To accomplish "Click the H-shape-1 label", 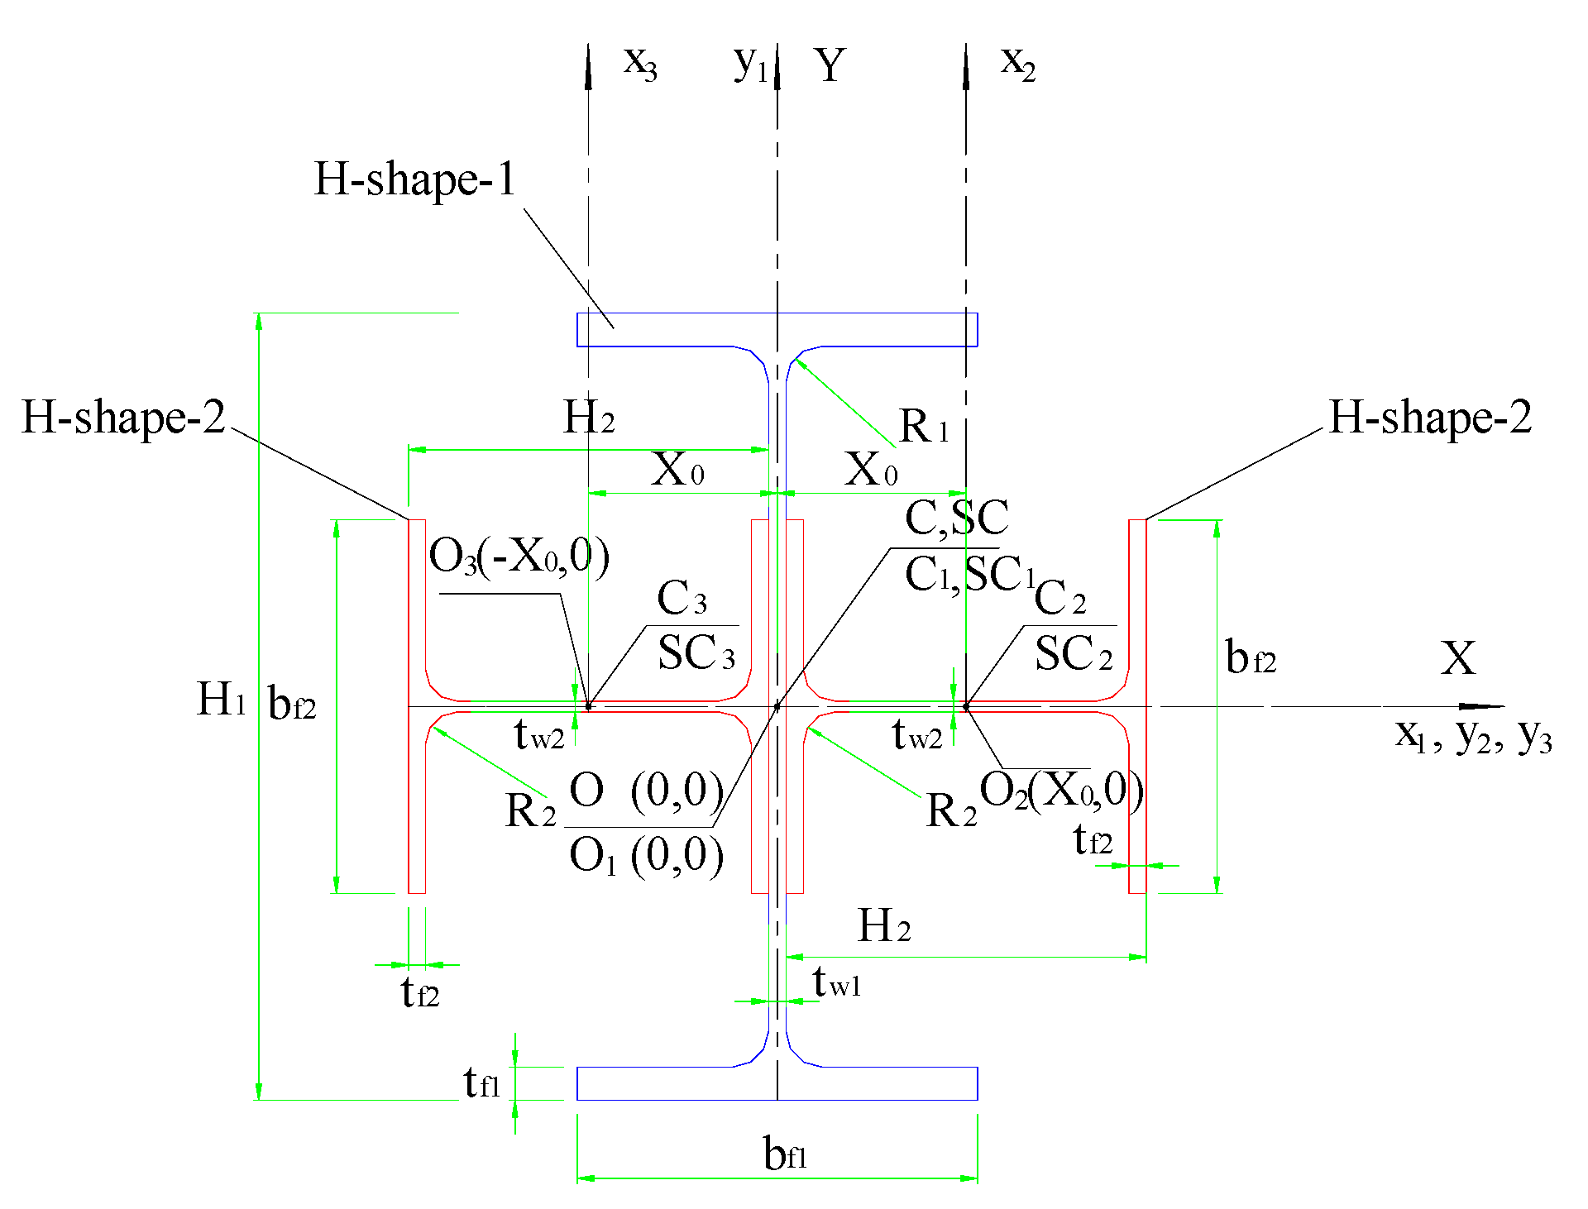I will point(414,179).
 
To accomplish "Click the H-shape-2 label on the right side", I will point(1430,417).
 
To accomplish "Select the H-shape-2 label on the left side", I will point(123,417).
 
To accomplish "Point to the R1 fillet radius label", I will point(923,427).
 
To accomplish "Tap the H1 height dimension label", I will point(221,700).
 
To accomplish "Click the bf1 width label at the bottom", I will point(784,1153).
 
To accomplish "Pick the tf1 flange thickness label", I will point(481,1082).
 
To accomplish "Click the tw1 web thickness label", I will point(836,982).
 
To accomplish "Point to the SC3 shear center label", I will point(696,653).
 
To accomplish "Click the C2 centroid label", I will point(1059,597).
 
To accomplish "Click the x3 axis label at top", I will point(640,63).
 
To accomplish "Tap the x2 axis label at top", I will point(1017,63).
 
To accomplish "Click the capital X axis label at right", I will point(1457,659).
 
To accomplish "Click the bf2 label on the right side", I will point(1250,658).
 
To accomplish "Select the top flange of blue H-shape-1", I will point(777,329).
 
